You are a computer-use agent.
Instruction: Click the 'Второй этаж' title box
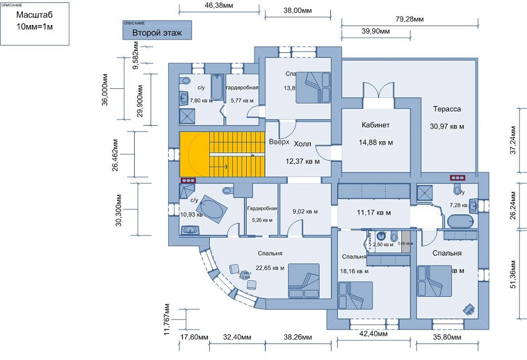(x=157, y=33)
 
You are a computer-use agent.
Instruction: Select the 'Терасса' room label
(x=446, y=109)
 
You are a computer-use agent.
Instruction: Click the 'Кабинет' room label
(x=375, y=125)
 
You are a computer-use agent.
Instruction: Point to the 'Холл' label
(x=302, y=144)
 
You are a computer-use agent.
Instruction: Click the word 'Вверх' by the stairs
(x=279, y=142)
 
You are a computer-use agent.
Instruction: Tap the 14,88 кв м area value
(x=376, y=142)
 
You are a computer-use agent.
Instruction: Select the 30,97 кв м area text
(x=447, y=126)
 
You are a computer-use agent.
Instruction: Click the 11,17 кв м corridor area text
(x=374, y=213)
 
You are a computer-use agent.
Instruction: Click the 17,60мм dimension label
(x=194, y=337)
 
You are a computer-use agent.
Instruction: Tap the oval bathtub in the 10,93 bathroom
(x=213, y=209)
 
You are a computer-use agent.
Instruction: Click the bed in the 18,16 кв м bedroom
(x=356, y=295)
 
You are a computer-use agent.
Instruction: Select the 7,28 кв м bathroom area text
(x=458, y=204)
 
